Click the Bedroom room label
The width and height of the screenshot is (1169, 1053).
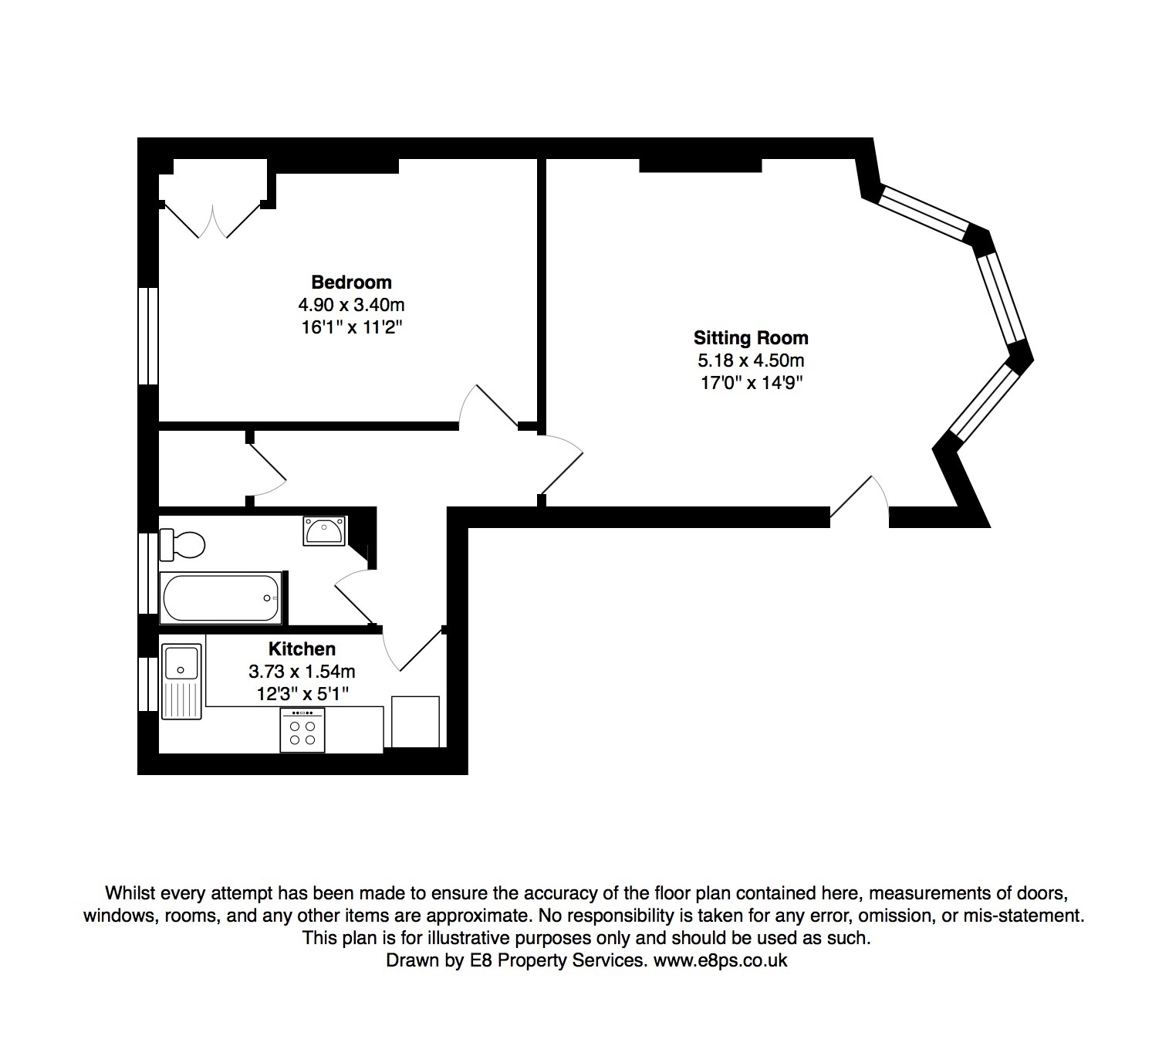[x=351, y=283]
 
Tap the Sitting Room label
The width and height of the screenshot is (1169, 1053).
[x=751, y=337]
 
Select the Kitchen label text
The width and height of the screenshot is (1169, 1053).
[x=302, y=649]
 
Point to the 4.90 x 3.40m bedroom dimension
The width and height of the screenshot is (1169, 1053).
[x=351, y=304]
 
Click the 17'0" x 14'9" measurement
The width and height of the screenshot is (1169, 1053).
[x=752, y=382]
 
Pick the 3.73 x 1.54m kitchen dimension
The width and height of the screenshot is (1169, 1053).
[x=302, y=672]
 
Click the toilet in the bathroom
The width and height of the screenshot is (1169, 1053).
[x=182, y=544]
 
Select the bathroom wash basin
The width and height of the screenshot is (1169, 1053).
[x=325, y=530]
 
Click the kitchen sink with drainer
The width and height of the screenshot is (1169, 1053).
[x=181, y=681]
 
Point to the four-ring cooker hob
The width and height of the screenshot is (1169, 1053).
[x=302, y=730]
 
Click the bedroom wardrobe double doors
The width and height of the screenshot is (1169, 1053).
[x=212, y=220]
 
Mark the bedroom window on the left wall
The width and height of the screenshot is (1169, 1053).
[x=148, y=336]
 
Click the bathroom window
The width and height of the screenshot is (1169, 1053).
[x=148, y=573]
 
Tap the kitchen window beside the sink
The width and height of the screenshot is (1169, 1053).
[x=148, y=684]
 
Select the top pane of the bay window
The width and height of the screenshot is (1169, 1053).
[x=924, y=213]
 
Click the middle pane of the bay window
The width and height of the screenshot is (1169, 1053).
[x=1001, y=299]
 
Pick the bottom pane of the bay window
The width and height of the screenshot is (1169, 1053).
[x=985, y=403]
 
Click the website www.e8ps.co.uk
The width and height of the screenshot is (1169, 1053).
[x=720, y=960]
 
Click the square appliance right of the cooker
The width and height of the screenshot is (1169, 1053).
[x=415, y=721]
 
